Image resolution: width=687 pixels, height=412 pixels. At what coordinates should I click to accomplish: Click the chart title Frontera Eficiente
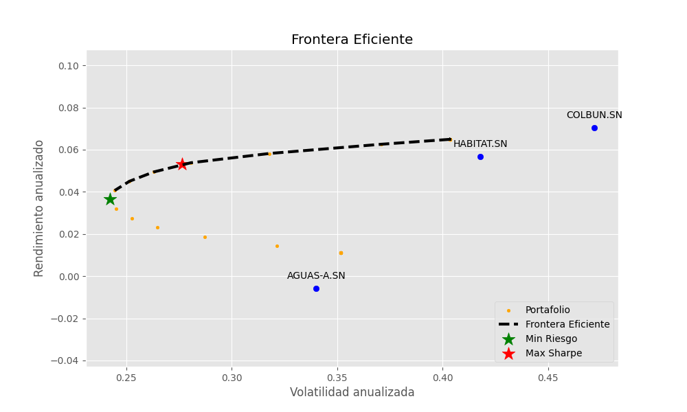click(352, 40)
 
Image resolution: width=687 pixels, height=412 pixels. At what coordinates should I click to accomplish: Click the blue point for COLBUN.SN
click(594, 128)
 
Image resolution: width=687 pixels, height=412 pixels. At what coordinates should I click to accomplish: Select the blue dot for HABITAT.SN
click(480, 157)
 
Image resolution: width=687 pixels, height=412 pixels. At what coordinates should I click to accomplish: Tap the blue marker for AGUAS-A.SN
click(316, 289)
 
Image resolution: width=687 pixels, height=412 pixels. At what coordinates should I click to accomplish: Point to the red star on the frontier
click(182, 164)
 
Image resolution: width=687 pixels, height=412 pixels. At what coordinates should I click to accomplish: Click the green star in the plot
click(110, 199)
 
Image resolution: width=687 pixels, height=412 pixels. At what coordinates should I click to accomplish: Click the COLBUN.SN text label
click(594, 115)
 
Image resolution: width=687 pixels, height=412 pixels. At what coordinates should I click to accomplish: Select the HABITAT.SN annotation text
click(480, 144)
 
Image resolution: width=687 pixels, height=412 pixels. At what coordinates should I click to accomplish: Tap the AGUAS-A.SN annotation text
click(316, 276)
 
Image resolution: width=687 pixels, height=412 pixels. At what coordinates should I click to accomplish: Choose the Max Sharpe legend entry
click(554, 354)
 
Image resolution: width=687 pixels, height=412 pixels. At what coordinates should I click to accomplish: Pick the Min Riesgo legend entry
click(551, 339)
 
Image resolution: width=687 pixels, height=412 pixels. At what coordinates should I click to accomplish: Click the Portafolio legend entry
click(548, 310)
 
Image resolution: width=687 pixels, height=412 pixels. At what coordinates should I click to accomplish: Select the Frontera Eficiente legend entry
click(567, 325)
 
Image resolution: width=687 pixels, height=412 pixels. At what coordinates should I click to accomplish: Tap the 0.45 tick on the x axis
click(548, 378)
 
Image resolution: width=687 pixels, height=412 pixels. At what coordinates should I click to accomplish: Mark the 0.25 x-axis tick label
click(126, 378)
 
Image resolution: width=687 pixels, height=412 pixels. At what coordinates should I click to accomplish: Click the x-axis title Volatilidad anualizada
click(352, 393)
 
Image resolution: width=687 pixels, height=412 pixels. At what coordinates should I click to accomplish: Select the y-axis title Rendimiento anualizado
click(40, 208)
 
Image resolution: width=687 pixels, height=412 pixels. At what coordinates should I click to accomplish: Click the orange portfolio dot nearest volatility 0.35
click(341, 253)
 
